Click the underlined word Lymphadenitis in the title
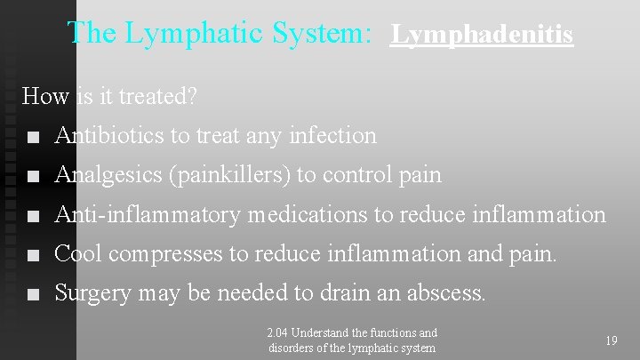(x=483, y=36)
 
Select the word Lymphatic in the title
(x=181, y=33)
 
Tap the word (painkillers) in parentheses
(x=228, y=175)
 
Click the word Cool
(x=77, y=253)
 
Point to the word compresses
(x=169, y=254)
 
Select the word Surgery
(x=92, y=293)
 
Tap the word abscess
(x=450, y=292)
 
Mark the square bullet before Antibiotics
(x=33, y=138)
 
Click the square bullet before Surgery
(x=33, y=294)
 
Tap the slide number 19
(x=612, y=340)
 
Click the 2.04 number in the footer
(x=277, y=333)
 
